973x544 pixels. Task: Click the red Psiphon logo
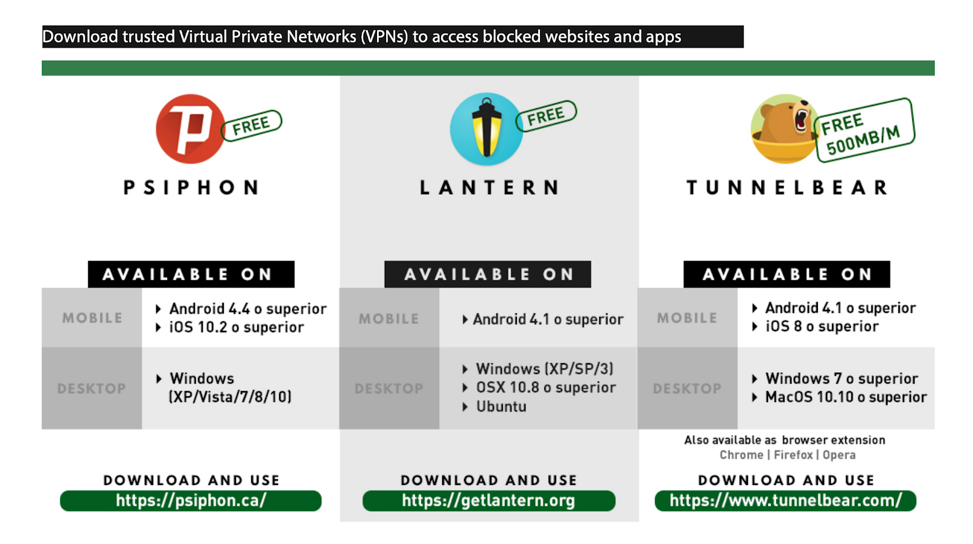click(x=190, y=128)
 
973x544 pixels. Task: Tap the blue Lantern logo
click(x=486, y=129)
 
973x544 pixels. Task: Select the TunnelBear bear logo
click(x=784, y=129)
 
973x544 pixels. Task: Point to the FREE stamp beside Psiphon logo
click(x=251, y=125)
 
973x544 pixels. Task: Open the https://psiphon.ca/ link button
click(x=190, y=501)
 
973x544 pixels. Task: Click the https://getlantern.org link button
click(x=488, y=501)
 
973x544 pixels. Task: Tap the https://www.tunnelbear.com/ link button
click(x=785, y=501)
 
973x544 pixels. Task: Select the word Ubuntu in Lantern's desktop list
click(x=501, y=406)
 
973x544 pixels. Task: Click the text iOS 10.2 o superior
click(x=236, y=327)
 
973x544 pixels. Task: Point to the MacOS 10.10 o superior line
click(x=845, y=397)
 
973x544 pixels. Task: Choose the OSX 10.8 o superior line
click(x=545, y=388)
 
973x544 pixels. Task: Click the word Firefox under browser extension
click(x=793, y=455)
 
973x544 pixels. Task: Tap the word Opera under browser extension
click(x=839, y=455)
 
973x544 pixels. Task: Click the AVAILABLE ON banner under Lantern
click(x=488, y=274)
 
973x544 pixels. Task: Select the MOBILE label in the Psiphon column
click(x=92, y=318)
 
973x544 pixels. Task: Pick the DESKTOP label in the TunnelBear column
click(x=687, y=388)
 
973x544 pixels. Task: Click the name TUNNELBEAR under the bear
click(x=787, y=187)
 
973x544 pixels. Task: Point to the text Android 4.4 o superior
click(x=248, y=309)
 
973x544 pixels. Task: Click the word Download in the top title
click(x=80, y=37)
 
